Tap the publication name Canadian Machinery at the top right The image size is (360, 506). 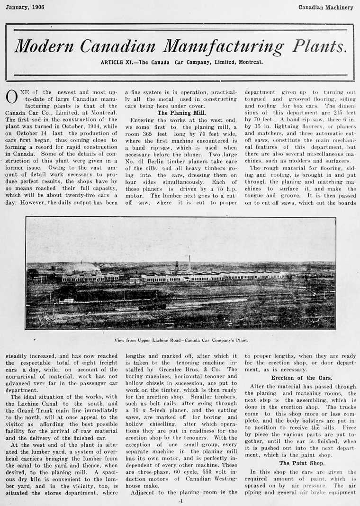click(326, 7)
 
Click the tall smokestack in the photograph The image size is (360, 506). click(189, 263)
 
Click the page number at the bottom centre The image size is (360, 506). click(180, 500)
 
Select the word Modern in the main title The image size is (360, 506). click(45, 46)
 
